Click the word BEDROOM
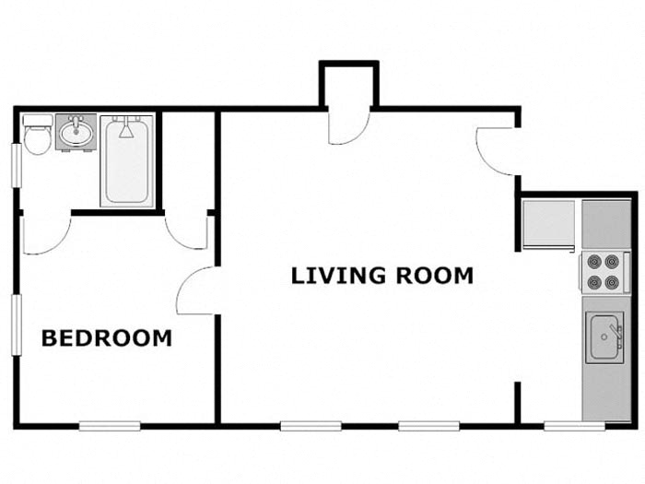[107, 338]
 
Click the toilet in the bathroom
[37, 137]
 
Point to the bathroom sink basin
[76, 134]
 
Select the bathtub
[127, 161]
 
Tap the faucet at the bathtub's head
[127, 128]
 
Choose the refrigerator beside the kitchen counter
[548, 224]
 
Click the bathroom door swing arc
[46, 235]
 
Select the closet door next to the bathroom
[187, 232]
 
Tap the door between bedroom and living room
[196, 291]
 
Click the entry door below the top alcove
[349, 126]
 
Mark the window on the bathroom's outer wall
[16, 166]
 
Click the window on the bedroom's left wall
[16, 325]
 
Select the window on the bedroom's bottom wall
[109, 426]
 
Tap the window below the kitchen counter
[574, 426]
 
